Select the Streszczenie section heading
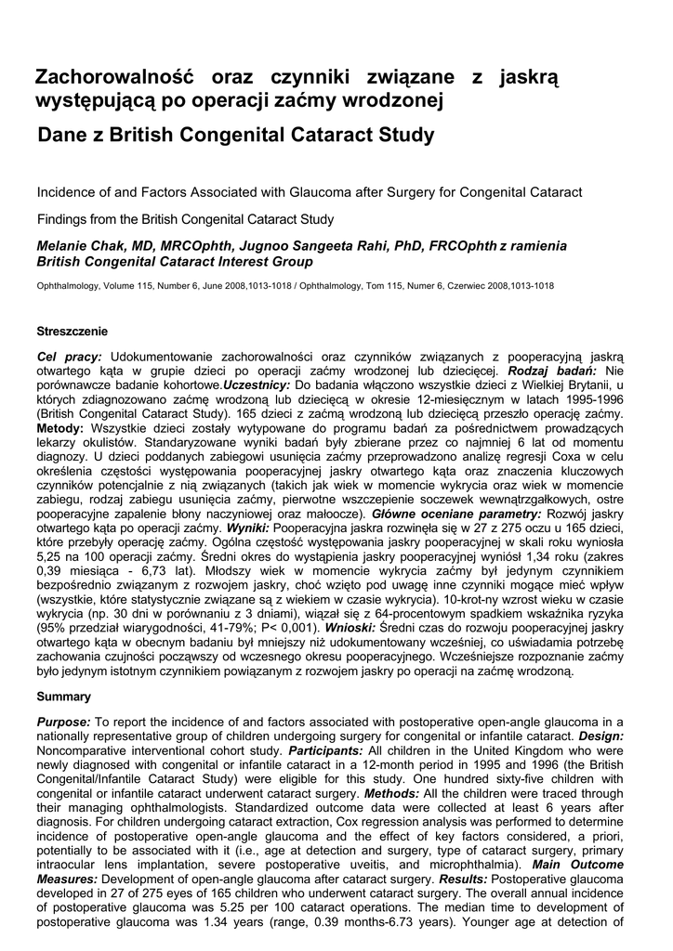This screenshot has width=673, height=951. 73,331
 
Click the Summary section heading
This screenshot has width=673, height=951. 64,697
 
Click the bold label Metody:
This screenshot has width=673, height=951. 60,428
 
